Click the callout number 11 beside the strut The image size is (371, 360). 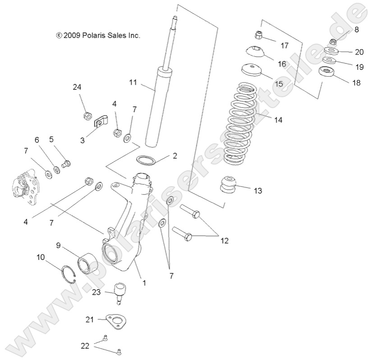pyautogui.click(x=133, y=82)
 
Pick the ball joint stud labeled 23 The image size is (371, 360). pyautogui.click(x=121, y=291)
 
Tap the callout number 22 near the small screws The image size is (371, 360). pyautogui.click(x=84, y=346)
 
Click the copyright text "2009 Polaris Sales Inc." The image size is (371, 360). pyautogui.click(x=98, y=35)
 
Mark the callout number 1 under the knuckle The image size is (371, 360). pyautogui.click(x=144, y=283)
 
